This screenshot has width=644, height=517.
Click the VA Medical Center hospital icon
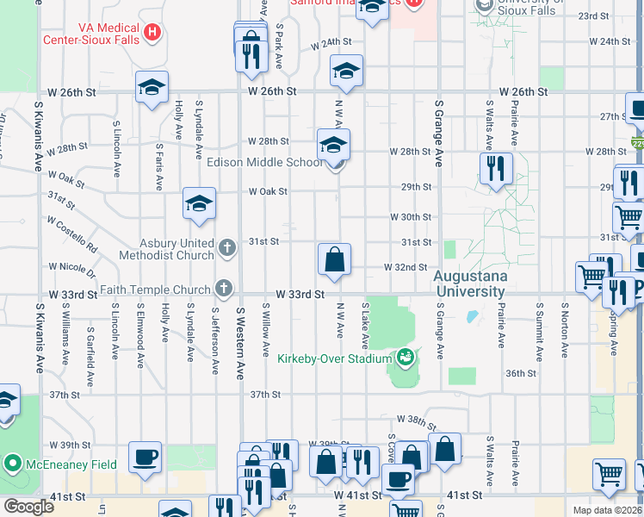click(152, 33)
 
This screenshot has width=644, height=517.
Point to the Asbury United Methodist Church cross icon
click(226, 249)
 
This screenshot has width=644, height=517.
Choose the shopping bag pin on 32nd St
click(334, 259)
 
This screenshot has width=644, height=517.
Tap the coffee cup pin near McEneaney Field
click(145, 457)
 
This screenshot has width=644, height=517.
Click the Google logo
click(28, 507)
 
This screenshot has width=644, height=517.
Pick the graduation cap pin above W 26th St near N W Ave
click(346, 72)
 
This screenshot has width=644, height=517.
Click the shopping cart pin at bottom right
click(609, 474)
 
